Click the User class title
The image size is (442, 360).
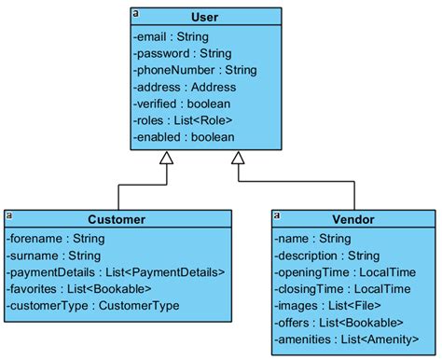(203, 17)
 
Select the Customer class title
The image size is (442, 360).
(117, 219)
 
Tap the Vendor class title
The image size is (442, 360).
(353, 219)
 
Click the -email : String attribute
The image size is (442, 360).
(172, 36)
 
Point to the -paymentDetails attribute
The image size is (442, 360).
(116, 272)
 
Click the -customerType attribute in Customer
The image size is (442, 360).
(93, 306)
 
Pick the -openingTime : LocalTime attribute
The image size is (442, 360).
(344, 272)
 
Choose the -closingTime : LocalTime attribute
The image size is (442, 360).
(343, 289)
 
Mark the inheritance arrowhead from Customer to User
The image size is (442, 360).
(166, 159)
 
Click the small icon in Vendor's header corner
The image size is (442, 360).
(277, 215)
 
